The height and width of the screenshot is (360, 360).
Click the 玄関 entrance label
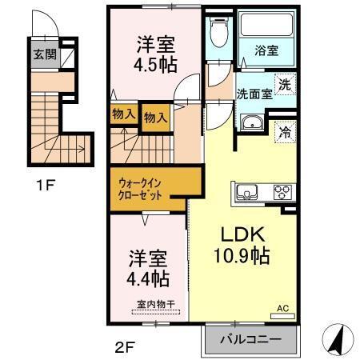click(44, 55)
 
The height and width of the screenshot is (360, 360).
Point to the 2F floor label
click(124, 346)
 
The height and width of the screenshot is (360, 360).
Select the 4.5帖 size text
click(155, 66)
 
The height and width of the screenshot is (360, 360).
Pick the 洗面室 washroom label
click(254, 93)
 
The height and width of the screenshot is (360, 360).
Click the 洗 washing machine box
click(286, 81)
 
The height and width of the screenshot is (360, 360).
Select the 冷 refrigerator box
click(286, 133)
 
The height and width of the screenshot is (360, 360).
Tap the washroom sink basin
click(250, 124)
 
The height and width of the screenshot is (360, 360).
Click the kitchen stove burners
click(283, 192)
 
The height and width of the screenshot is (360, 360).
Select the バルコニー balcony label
click(250, 339)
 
